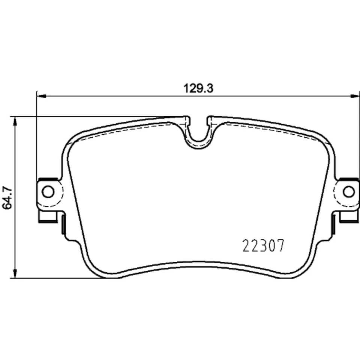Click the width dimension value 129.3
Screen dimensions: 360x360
198,88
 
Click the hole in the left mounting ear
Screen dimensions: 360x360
48,192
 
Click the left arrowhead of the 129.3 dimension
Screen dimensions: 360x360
42,96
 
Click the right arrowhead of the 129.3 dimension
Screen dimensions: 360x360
354,96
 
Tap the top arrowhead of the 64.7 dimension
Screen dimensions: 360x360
15,121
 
